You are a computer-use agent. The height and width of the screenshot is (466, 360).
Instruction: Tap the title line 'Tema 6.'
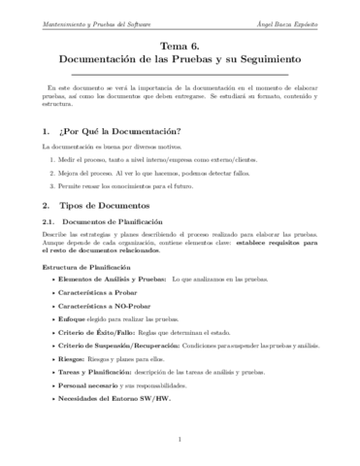[180, 45]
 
